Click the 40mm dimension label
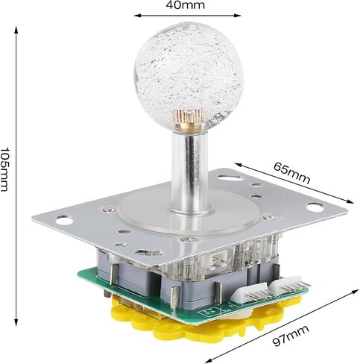coord(186,5)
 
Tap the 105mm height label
coord(4,169)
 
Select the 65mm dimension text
coord(292,173)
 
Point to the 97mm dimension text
coord(291,336)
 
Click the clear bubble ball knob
coord(189,76)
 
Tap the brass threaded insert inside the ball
coord(189,117)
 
